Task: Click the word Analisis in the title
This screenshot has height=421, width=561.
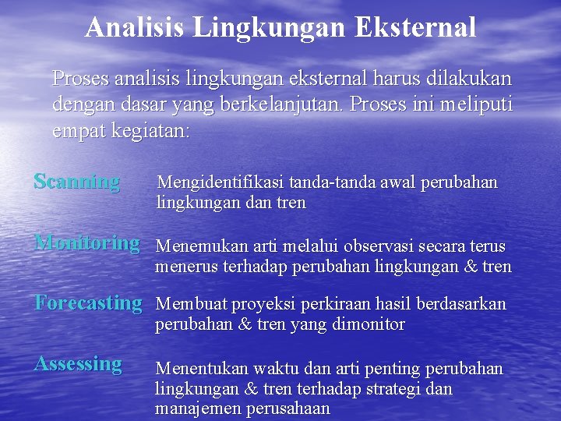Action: (135, 27)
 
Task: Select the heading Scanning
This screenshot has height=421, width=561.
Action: (77, 182)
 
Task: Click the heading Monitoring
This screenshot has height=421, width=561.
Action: (87, 242)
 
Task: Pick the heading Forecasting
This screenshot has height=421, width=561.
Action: (88, 302)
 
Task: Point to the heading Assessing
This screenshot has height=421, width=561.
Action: (78, 363)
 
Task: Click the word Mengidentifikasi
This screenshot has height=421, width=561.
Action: (221, 182)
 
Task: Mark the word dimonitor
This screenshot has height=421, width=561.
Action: (365, 324)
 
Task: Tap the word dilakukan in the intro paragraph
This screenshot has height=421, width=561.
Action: (473, 79)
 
